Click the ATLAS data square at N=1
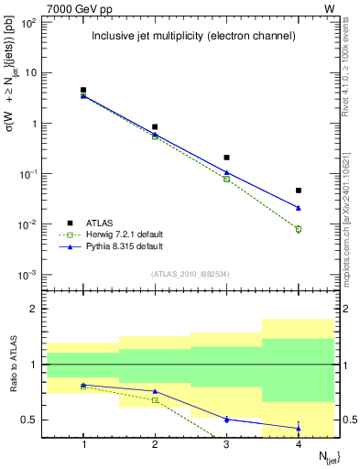click(x=83, y=90)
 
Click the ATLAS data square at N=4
click(x=299, y=191)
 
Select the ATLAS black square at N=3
click(x=227, y=158)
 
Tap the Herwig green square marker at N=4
click(x=299, y=229)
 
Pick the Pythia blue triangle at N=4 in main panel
click(x=299, y=208)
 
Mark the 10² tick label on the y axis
click(x=29, y=22)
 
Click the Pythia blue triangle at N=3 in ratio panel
click(x=227, y=419)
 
